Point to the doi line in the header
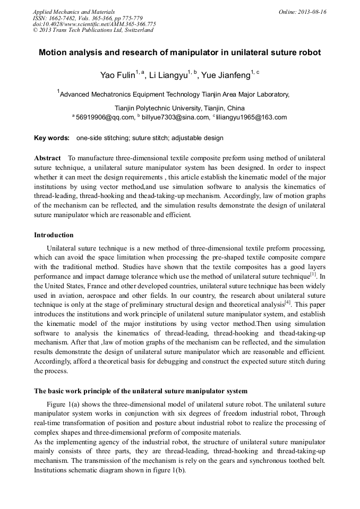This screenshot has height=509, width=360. tap(95, 24)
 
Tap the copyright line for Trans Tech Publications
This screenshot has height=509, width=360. tap(93, 30)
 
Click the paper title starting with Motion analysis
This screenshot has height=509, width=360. tap(180, 53)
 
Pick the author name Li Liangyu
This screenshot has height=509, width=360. tap(168, 75)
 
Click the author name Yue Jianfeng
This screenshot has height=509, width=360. tap(226, 75)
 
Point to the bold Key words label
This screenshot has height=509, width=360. tap(52, 138)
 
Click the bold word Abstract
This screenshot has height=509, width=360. tap(47, 159)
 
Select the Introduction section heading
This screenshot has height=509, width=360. tap(54, 235)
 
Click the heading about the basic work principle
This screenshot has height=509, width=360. tap(140, 391)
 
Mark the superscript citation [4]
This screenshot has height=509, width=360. tap(287, 303)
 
